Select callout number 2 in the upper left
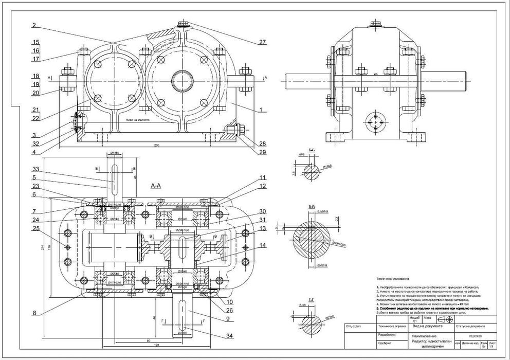pos(33,25)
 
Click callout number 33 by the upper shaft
pos(35,169)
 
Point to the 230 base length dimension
pos(156,146)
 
